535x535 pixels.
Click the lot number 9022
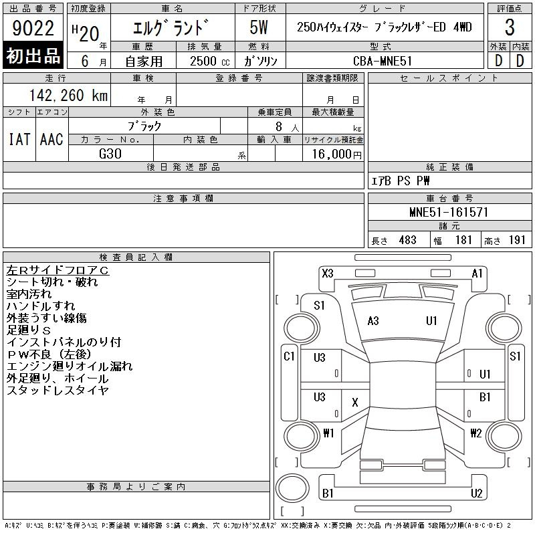coord(33,28)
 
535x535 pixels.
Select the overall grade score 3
coord(510,27)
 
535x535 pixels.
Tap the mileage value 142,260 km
coord(68,95)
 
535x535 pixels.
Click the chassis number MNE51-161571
coord(449,212)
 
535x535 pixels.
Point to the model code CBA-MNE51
coord(383,61)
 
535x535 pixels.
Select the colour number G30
coord(110,154)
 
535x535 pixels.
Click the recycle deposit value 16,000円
coord(336,154)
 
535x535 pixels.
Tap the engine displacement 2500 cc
coord(209,61)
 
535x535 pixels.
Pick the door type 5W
coord(259,27)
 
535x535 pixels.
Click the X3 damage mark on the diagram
coord(328,274)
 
